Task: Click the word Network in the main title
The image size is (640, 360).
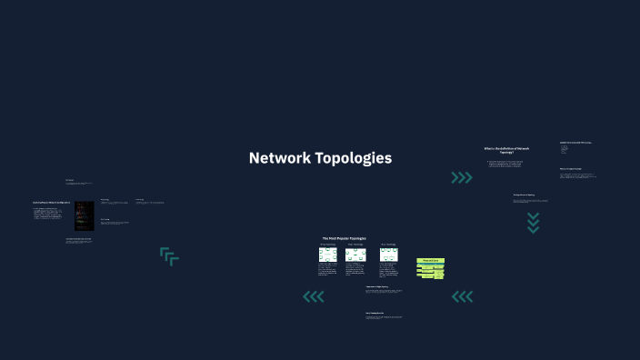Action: point(280,158)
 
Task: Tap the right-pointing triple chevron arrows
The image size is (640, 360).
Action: point(462,178)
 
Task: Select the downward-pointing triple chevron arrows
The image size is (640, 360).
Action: point(534,223)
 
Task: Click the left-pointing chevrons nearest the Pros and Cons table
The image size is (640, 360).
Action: point(462,296)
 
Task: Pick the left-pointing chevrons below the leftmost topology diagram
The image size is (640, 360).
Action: point(314,296)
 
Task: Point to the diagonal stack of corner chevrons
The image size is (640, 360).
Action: point(169,256)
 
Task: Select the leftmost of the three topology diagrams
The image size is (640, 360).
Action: point(327,255)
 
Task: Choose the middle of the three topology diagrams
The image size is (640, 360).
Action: point(355,255)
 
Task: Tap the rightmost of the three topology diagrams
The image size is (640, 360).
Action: point(388,255)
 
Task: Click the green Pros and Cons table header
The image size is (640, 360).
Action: point(430,260)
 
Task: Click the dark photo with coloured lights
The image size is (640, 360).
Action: point(85,215)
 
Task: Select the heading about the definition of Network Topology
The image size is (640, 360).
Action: point(506,150)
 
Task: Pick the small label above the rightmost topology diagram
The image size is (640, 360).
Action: point(388,245)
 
